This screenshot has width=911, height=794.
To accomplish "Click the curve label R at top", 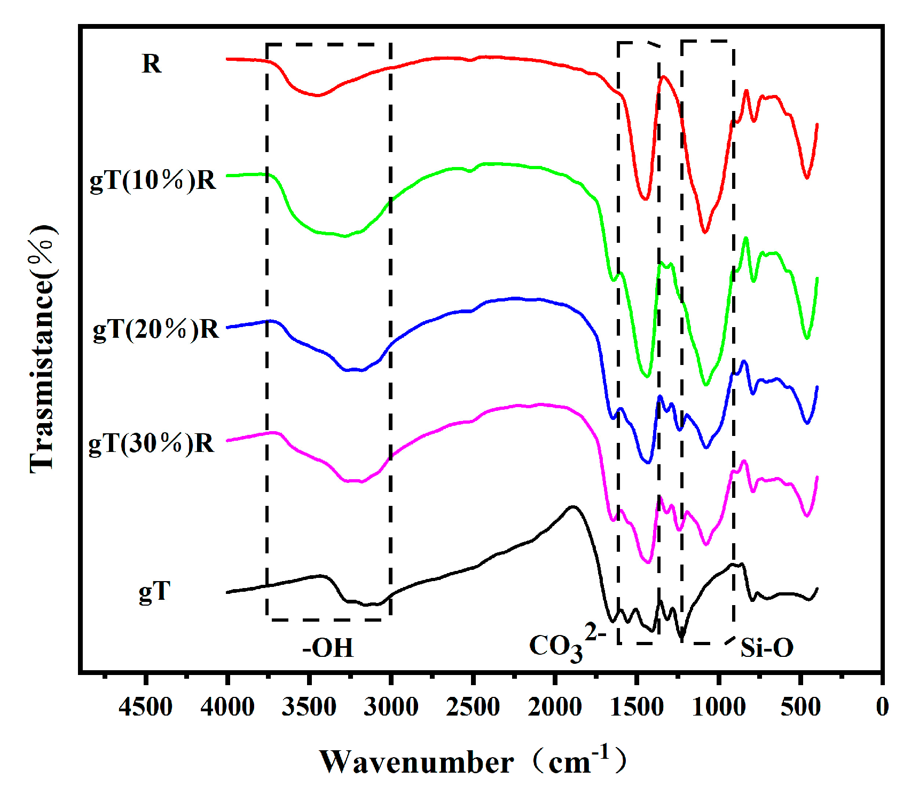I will pos(151,64).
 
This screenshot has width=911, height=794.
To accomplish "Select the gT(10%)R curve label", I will pos(153,180).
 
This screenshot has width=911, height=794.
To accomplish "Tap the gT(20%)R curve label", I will pos(155,329).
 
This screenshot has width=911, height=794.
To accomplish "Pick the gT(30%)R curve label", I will pos(151,443).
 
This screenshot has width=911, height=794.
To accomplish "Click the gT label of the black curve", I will pos(154,591).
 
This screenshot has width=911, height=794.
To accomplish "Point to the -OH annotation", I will pos(328,648).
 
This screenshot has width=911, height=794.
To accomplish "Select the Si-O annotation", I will pos(767,648).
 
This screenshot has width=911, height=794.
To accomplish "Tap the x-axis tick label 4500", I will pos(145,707).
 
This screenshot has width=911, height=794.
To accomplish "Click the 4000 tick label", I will pos(227,707).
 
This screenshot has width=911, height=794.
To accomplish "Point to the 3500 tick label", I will pos(309,707).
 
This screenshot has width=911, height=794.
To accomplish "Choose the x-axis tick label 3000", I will pos(391,707).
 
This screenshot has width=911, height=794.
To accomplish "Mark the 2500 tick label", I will pos(473,707).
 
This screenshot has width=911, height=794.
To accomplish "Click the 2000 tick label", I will pos(555,707).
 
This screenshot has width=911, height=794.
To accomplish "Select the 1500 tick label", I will pos(637,707).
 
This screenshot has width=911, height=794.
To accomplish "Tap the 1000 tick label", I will pos(719,707).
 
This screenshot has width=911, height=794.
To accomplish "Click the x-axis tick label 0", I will pos(882,707).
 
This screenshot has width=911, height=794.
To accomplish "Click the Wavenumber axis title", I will pos(472,761).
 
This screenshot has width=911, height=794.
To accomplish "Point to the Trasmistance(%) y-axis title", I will pos(43,350).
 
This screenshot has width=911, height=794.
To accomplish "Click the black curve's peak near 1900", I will pos(573,506).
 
